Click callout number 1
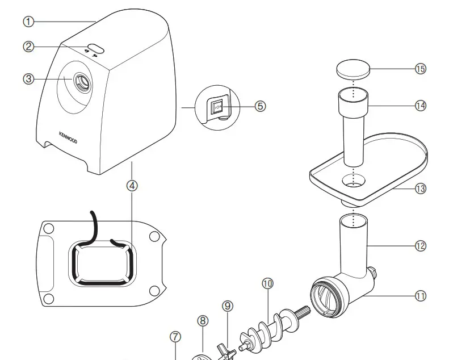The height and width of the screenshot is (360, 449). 28,22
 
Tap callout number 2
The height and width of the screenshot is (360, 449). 28,47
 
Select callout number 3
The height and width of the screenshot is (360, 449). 28,79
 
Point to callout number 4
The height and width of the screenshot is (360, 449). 132,185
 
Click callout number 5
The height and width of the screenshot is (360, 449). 261,106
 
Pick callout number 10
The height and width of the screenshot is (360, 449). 267,283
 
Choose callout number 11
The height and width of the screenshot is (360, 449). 421,295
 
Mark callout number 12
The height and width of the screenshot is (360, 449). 421,246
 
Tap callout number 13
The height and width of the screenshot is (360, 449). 421,189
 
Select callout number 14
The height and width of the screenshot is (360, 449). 421,106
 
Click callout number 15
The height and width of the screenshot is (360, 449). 421,69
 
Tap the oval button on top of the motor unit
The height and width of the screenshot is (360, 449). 95,48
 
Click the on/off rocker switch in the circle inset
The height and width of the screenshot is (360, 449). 217,106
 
